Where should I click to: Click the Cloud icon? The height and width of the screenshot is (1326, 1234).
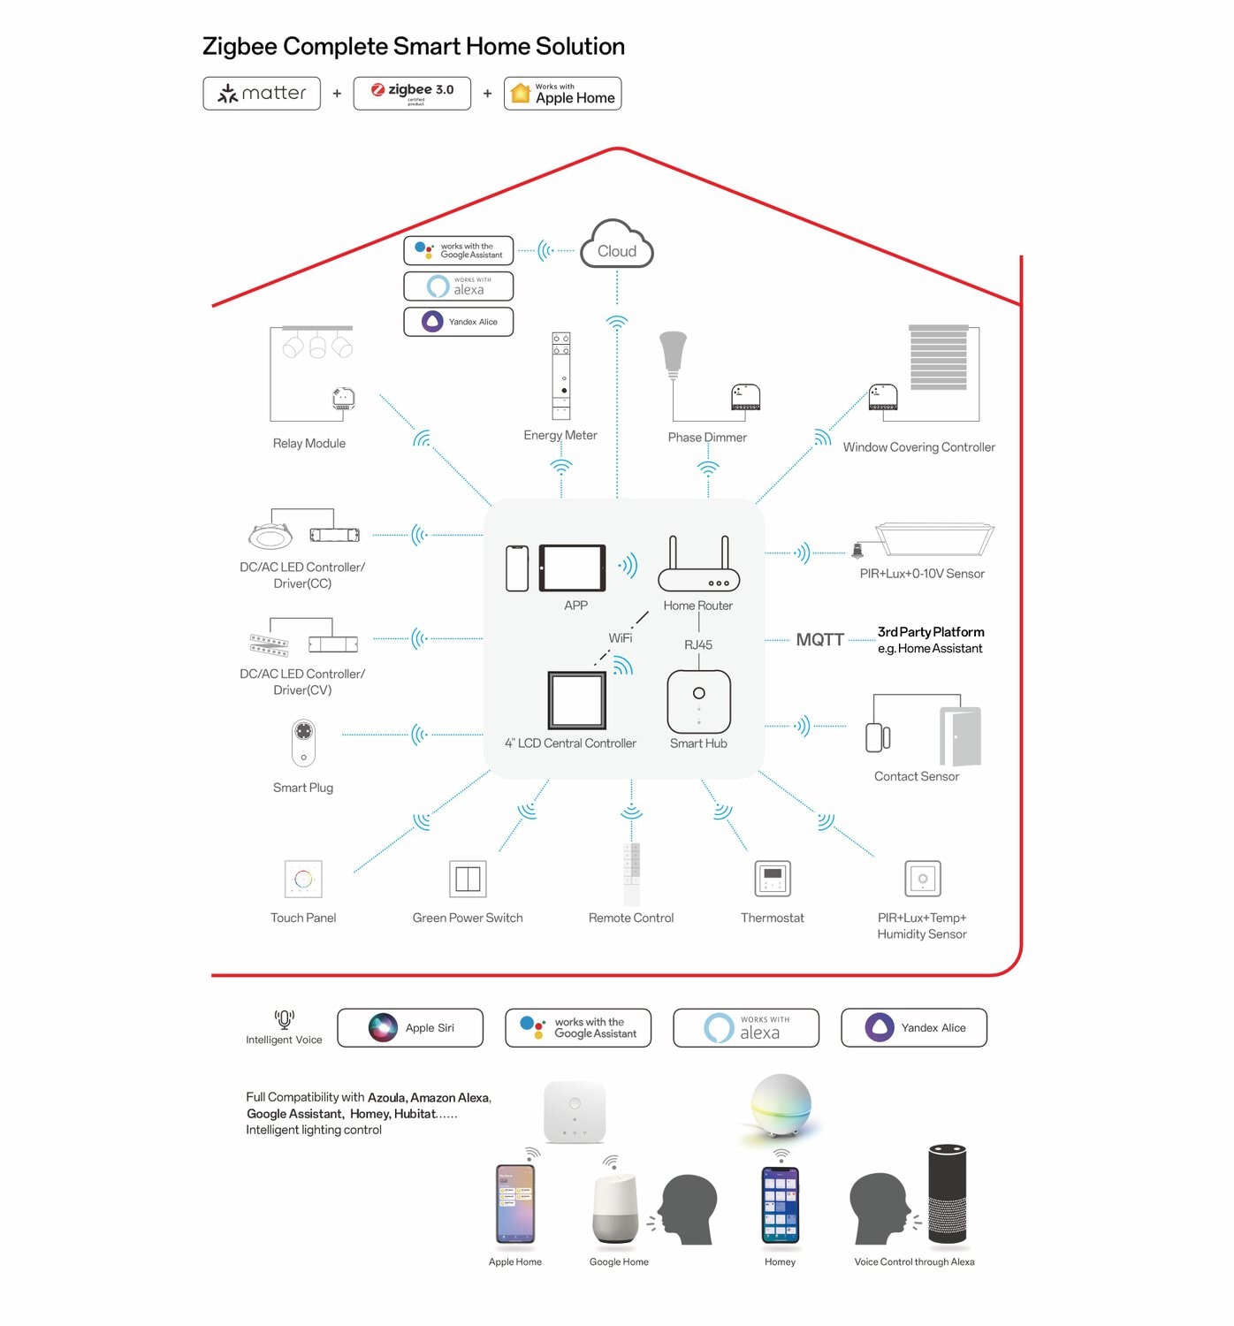[617, 245]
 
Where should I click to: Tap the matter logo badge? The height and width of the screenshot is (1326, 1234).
[262, 93]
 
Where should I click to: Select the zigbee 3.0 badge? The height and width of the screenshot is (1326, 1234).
[412, 93]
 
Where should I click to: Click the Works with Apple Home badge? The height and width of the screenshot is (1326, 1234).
[562, 93]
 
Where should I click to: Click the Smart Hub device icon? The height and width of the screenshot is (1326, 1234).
[698, 702]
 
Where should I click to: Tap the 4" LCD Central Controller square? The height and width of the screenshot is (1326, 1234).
[576, 700]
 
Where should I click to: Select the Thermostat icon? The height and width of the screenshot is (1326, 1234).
[773, 879]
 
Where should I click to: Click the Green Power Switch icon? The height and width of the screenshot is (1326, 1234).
[468, 879]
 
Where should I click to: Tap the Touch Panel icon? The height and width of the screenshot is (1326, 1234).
[303, 879]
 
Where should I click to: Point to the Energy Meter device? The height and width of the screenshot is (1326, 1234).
[561, 376]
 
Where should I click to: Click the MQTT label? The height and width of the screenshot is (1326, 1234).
[819, 639]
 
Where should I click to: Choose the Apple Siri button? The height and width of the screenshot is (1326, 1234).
[410, 1027]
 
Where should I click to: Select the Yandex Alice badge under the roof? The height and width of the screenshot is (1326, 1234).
[458, 322]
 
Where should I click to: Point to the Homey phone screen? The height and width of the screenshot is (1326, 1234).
[781, 1204]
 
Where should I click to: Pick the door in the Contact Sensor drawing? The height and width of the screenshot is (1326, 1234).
[961, 735]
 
